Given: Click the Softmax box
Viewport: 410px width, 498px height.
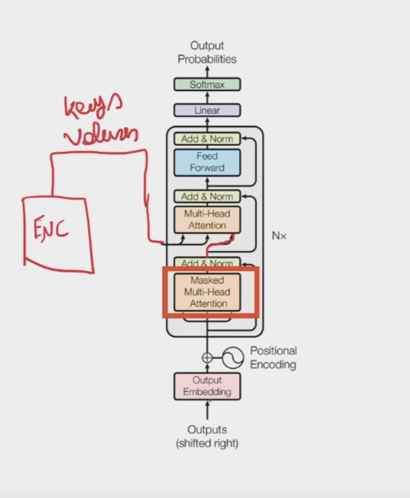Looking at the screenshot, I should pyautogui.click(x=207, y=84).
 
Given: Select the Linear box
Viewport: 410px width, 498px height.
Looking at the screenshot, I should pyautogui.click(x=207, y=110).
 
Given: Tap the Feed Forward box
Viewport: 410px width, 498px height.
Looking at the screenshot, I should pyautogui.click(x=207, y=162).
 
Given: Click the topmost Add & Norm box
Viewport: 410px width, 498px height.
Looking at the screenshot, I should pyautogui.click(x=207, y=139).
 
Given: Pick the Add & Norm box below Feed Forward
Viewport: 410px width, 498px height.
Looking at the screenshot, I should pyautogui.click(x=207, y=196).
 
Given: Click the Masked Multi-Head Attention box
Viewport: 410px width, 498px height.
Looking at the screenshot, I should pyautogui.click(x=207, y=292).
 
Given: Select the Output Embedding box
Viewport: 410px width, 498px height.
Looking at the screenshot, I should pyautogui.click(x=207, y=386).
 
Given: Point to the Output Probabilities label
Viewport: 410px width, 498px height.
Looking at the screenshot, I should pyautogui.click(x=207, y=52).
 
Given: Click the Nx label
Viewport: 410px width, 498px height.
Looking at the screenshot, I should pyautogui.click(x=279, y=236).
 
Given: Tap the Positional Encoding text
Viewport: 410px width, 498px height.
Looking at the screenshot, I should pyautogui.click(x=273, y=357).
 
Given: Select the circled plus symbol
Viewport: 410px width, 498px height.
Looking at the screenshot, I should pyautogui.click(x=207, y=358).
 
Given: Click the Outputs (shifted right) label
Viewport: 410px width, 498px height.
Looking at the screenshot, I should pyautogui.click(x=207, y=436).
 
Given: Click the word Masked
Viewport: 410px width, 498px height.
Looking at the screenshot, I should pyautogui.click(x=207, y=280).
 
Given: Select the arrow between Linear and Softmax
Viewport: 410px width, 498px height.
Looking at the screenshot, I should pyautogui.click(x=207, y=97).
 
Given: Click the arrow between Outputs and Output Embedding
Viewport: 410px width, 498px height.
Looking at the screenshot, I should pyautogui.click(x=207, y=410).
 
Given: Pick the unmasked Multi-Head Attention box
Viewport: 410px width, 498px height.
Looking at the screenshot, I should pyautogui.click(x=207, y=219).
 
